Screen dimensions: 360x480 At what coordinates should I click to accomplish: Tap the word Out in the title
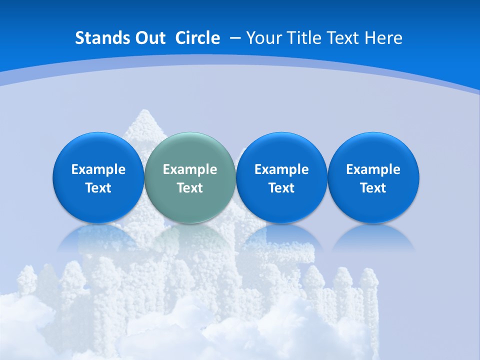(149, 38)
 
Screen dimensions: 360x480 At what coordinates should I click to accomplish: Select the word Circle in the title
(197, 38)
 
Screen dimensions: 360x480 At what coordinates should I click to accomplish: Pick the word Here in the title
(383, 38)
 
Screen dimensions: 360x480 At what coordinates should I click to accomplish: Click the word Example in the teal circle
(190, 169)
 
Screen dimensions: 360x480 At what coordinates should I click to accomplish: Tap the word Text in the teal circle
(190, 188)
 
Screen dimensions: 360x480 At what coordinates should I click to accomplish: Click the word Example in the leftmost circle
(98, 169)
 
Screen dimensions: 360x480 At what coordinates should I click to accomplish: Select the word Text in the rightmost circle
(373, 188)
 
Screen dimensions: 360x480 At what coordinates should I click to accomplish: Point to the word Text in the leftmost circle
(98, 188)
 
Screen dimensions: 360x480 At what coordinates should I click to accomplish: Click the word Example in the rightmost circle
(373, 169)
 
